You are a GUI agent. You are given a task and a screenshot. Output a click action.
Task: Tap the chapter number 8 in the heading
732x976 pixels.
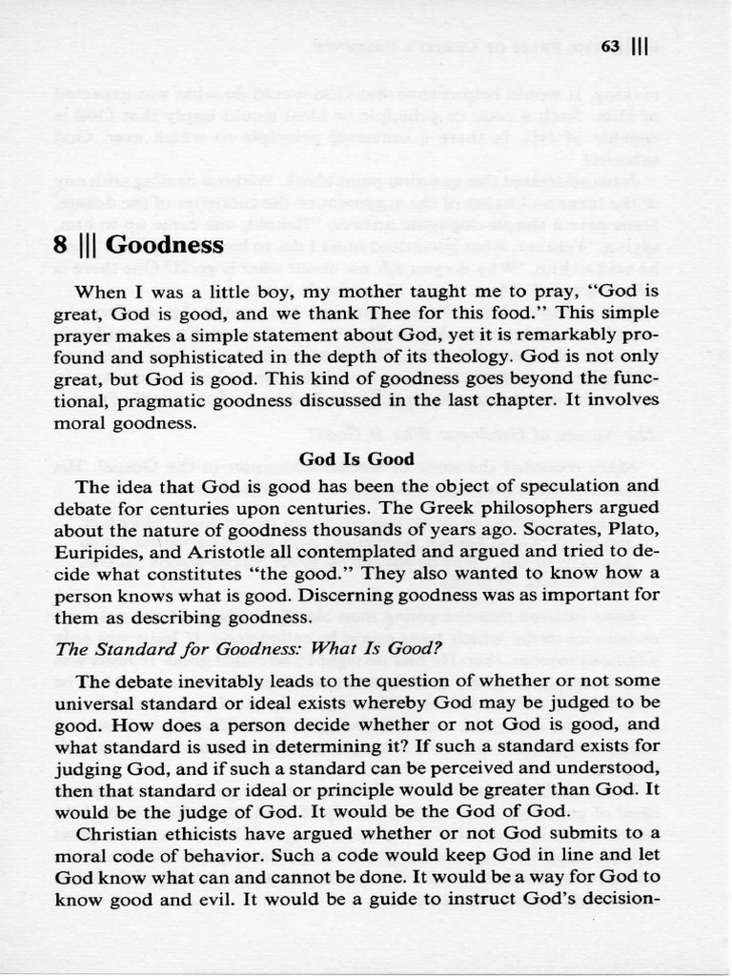(61, 245)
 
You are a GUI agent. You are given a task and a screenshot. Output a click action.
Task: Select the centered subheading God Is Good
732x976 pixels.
(356, 459)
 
